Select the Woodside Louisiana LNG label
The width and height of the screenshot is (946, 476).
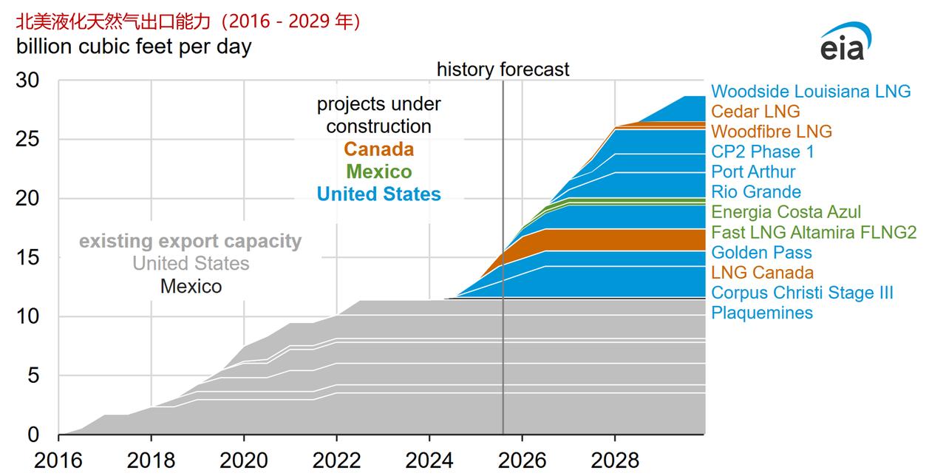(811, 91)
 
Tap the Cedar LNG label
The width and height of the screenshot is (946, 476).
(755, 112)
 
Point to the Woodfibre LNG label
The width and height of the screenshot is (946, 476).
(772, 132)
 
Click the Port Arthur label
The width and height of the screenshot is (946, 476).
(753, 171)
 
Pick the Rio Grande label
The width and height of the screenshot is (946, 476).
(756, 192)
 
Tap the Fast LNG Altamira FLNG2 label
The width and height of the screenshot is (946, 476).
(814, 233)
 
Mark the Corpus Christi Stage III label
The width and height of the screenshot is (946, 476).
(802, 293)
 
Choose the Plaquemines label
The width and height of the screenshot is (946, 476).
(762, 313)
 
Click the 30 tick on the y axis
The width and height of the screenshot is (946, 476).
(29, 81)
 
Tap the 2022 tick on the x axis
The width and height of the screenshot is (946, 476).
(336, 460)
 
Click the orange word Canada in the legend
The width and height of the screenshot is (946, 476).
(378, 149)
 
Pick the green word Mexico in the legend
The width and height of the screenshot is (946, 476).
(378, 171)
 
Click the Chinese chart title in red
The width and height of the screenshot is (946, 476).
(188, 22)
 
